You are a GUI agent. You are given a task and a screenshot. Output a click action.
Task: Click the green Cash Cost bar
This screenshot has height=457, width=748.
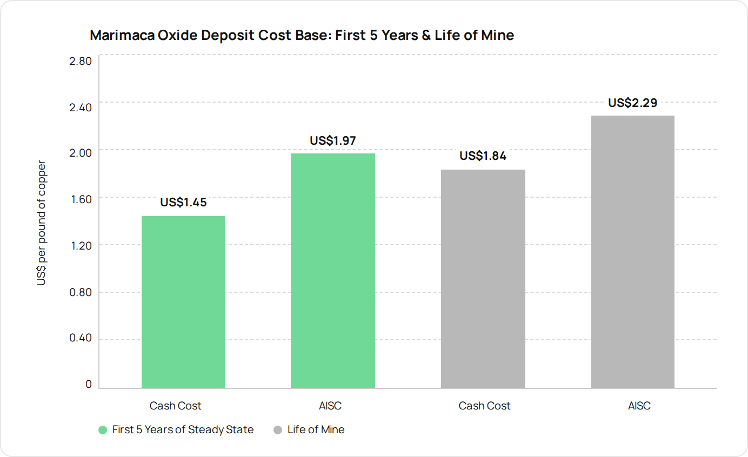click(x=183, y=302)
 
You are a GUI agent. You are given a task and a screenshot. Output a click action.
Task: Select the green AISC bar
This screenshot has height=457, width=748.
click(x=332, y=271)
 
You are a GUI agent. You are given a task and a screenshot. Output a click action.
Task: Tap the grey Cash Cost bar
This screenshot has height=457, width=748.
click(x=483, y=279)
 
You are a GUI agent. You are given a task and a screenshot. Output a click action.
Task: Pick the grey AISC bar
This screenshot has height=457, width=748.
click(x=633, y=252)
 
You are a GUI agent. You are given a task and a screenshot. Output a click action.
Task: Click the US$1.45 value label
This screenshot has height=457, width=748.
click(x=183, y=202)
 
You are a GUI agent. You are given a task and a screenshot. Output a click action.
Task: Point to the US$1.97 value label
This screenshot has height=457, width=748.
click(x=332, y=140)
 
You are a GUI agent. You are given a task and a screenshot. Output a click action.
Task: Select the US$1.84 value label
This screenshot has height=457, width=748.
click(x=483, y=156)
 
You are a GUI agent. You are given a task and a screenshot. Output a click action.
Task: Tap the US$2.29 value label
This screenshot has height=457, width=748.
click(x=632, y=103)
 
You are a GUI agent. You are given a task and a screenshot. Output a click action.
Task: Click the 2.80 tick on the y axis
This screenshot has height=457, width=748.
click(x=80, y=61)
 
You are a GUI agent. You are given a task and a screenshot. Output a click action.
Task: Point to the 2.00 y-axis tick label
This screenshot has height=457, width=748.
click(x=80, y=153)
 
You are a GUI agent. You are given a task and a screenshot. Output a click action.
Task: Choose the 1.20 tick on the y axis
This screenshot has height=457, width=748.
click(x=81, y=246)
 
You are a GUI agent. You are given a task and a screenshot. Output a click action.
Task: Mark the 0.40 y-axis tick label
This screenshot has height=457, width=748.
click(x=80, y=338)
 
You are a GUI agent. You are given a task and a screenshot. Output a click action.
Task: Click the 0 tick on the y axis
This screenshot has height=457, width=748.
click(x=89, y=384)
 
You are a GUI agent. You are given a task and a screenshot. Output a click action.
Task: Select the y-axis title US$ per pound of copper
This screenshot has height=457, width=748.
click(x=41, y=223)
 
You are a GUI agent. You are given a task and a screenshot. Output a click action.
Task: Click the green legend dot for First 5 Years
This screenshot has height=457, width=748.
click(x=103, y=430)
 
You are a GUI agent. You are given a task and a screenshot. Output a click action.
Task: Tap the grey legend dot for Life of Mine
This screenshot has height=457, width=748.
click(x=277, y=430)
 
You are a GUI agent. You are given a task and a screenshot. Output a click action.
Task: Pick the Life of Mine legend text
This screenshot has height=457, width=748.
click(x=316, y=429)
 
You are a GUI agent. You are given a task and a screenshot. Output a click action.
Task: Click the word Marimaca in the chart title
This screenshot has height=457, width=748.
click(x=122, y=35)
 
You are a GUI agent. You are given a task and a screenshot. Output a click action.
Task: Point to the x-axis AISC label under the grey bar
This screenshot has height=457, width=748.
click(x=639, y=406)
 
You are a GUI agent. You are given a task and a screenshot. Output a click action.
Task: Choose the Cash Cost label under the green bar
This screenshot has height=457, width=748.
click(x=175, y=406)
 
